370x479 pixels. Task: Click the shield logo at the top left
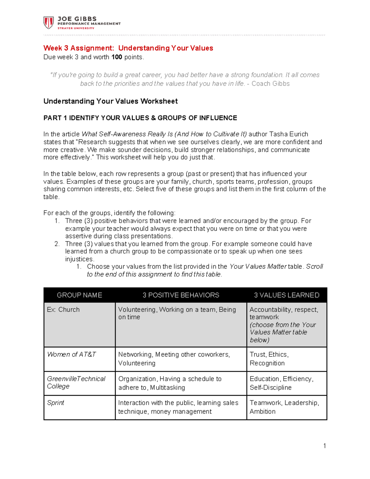click(48, 23)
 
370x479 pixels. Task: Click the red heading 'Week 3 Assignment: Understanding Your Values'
click(128, 48)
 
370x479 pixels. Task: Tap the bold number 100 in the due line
click(117, 57)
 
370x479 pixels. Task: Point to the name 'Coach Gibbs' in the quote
click(270, 84)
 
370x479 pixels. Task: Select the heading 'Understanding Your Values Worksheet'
click(110, 101)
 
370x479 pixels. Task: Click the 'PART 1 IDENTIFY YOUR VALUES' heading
click(140, 118)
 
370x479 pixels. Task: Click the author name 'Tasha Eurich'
click(289, 134)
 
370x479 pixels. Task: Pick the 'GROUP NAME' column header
click(79, 295)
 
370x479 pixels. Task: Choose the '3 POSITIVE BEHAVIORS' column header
click(181, 295)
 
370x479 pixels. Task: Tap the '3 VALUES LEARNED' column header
click(286, 295)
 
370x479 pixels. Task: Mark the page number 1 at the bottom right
click(324, 446)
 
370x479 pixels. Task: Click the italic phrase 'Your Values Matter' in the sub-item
click(258, 266)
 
